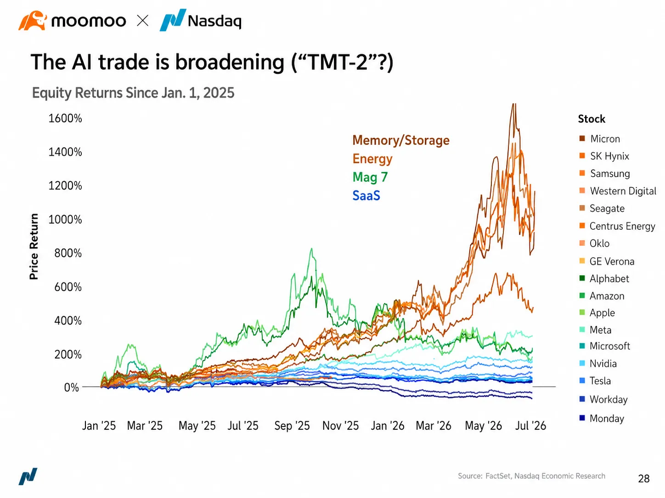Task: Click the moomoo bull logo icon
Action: click(x=33, y=21)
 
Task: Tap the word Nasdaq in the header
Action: click(x=214, y=22)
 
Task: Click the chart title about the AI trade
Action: click(x=212, y=62)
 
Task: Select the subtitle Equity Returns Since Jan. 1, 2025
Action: click(x=133, y=93)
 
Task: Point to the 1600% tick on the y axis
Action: click(x=65, y=118)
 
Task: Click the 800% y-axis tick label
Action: click(x=68, y=253)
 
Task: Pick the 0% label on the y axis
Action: click(x=72, y=387)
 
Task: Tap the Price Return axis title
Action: click(x=34, y=246)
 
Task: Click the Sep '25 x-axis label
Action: click(x=292, y=426)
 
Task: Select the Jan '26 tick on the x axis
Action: click(x=388, y=426)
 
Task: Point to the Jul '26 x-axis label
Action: click(x=530, y=426)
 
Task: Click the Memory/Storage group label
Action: click(x=401, y=140)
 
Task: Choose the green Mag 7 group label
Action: click(x=370, y=177)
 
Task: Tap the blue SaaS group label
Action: click(x=366, y=196)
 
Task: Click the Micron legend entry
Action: click(x=600, y=139)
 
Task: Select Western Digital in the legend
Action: click(x=618, y=191)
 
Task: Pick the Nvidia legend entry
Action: click(x=598, y=363)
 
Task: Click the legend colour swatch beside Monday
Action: click(x=582, y=418)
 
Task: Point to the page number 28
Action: click(x=644, y=479)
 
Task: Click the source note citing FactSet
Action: click(x=531, y=476)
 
